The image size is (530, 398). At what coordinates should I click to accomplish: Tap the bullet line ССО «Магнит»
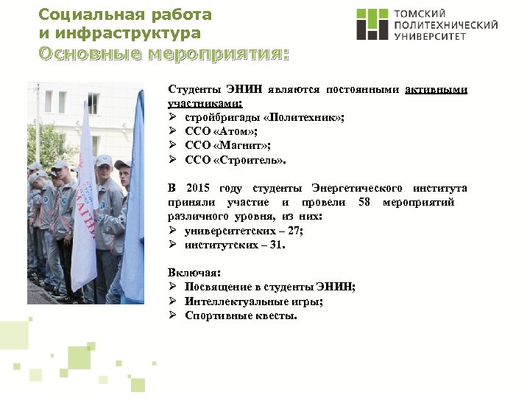coord(224,146)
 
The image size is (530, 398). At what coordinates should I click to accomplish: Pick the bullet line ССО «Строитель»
coord(233,160)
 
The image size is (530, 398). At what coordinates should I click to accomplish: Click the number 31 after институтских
coord(275,244)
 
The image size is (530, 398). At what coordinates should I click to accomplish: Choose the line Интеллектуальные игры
coord(254,301)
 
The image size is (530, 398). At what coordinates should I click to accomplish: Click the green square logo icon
coord(372,24)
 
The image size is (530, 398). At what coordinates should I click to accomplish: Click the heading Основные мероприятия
coord(163,54)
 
